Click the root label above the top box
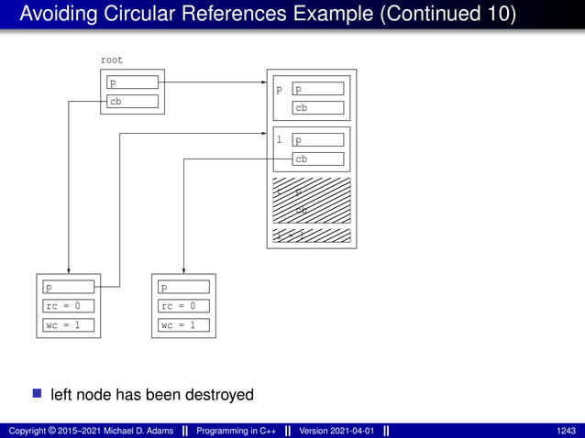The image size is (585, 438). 111,60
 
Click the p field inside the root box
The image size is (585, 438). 132,82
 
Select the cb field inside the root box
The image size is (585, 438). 132,102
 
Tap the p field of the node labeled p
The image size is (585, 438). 317,89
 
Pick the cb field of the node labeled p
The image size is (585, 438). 317,108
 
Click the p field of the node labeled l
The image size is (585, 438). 317,140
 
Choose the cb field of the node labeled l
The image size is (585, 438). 317,159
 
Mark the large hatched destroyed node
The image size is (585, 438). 312,199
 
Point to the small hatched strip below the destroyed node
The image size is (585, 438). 312,236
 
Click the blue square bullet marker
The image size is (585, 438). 37,394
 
